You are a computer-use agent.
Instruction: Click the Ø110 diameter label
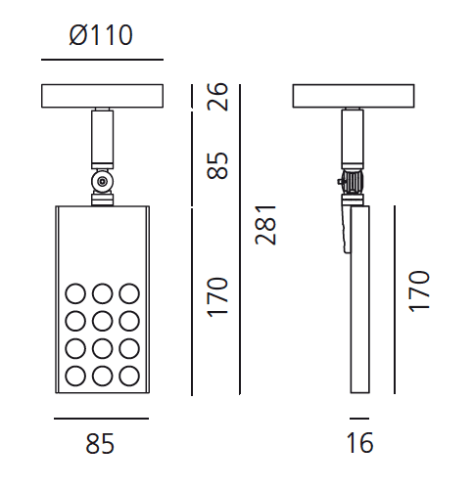click(101, 37)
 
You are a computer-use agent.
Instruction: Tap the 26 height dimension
click(218, 97)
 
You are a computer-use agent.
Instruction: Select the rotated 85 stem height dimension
click(218, 164)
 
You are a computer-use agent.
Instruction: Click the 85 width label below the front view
click(100, 444)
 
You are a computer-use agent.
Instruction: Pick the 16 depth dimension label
click(359, 444)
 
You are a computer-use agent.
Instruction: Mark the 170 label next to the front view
click(218, 295)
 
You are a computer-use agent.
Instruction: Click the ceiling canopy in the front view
click(101, 97)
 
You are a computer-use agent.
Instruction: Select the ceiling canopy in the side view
click(355, 97)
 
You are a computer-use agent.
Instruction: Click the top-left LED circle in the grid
click(74, 292)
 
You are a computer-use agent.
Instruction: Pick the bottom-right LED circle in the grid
click(128, 375)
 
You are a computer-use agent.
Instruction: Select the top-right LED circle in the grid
click(128, 292)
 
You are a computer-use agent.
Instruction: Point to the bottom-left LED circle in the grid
click(74, 375)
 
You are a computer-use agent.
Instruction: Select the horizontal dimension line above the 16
click(359, 419)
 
